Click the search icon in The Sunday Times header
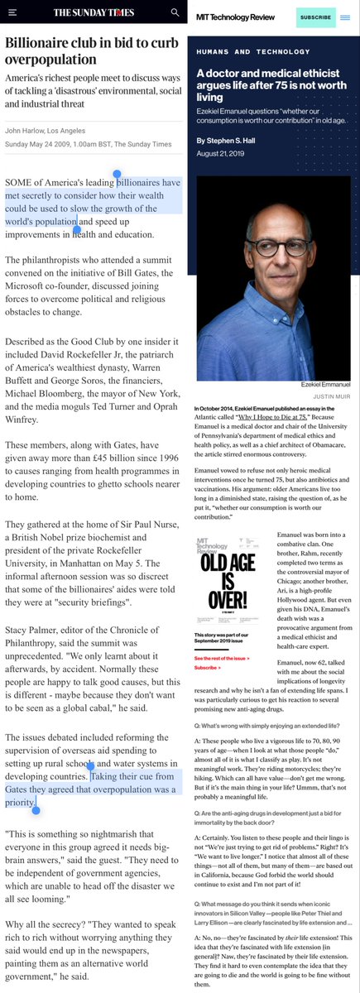175,12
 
